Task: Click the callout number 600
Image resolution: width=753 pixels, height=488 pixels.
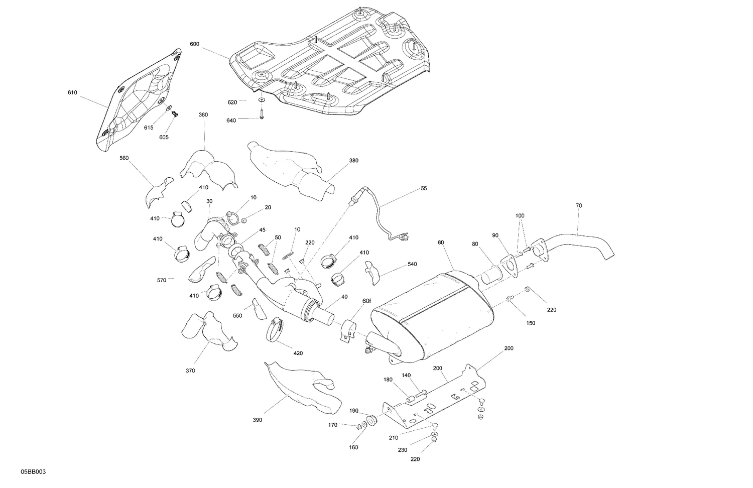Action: [194, 44]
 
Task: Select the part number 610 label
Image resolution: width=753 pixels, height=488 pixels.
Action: [72, 93]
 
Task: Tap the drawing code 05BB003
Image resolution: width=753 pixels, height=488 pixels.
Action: [34, 472]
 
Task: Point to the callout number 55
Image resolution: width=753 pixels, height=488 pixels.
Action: [424, 188]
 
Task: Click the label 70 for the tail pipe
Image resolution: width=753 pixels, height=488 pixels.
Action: [579, 206]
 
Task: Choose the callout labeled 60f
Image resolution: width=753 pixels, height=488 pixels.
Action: [366, 301]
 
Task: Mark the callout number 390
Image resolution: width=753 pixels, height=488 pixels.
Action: [257, 420]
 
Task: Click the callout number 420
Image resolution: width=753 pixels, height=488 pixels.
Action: [298, 353]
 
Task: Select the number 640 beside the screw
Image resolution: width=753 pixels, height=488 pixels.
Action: [231, 120]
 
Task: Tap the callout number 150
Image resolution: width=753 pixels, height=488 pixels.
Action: [530, 323]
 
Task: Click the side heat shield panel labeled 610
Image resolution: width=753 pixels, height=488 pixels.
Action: [138, 100]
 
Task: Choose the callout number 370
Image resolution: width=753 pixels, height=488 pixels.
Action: [190, 371]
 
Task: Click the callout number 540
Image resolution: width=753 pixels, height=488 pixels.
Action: [412, 264]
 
